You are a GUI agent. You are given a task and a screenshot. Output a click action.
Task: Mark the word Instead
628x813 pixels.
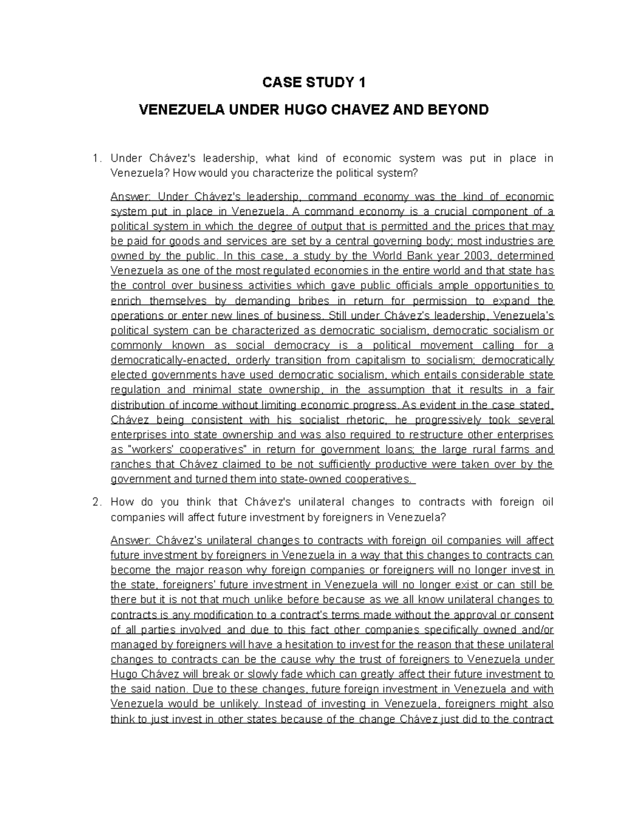pyautogui.click(x=284, y=704)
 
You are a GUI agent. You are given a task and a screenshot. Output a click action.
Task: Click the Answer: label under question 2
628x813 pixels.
pyautogui.click(x=130, y=540)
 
